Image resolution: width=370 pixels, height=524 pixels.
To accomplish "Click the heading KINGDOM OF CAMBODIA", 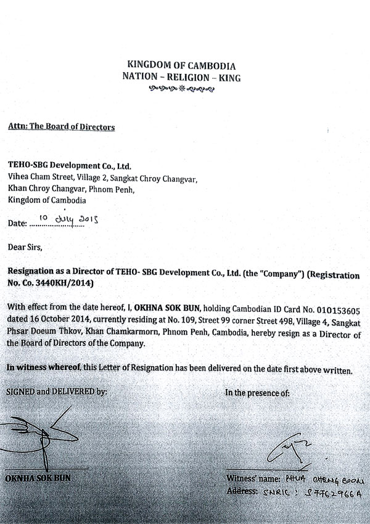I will (x=181, y=65).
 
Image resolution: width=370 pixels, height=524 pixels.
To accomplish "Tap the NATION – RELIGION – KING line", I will (x=181, y=78).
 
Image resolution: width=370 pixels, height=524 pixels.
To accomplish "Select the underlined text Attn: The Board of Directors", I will (x=61, y=127).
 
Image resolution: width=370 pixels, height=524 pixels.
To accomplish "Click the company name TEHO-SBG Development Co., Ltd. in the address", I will (x=69, y=166).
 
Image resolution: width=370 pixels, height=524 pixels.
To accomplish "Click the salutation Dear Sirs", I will (x=24, y=248).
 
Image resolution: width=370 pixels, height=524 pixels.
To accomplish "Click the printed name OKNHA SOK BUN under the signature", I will (x=39, y=478).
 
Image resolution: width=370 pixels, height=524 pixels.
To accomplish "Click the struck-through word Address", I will (x=243, y=491).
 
